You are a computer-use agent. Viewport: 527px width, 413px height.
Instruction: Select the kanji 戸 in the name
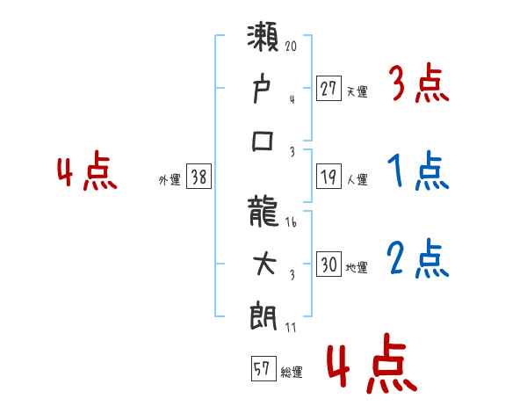[x=263, y=90]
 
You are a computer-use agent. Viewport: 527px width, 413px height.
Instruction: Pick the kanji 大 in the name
[x=263, y=264]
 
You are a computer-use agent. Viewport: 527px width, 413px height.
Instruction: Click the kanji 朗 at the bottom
[x=263, y=315]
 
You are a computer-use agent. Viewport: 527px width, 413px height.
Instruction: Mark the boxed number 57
[x=262, y=369]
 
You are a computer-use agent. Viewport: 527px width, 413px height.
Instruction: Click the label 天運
[x=357, y=90]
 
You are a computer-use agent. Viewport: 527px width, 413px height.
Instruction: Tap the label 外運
[x=170, y=179]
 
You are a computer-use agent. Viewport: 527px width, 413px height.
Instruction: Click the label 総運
[x=292, y=372]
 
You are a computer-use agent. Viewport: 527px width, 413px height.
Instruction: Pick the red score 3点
[x=417, y=85]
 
